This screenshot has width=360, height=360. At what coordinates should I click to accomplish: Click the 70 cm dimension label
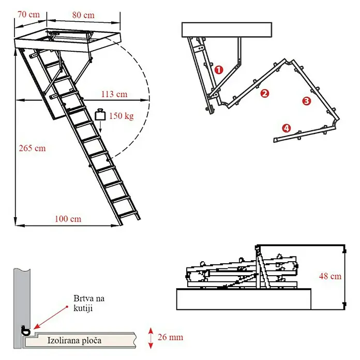click(28, 14)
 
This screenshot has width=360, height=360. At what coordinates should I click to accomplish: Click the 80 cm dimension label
click(83, 15)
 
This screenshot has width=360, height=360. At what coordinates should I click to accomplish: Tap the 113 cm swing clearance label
click(114, 94)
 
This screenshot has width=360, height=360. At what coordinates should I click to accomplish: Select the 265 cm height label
click(33, 148)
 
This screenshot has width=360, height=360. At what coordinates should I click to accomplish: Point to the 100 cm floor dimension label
click(68, 219)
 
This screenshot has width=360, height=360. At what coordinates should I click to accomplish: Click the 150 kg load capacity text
click(121, 116)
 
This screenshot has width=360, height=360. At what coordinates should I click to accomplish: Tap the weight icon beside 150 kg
click(100, 114)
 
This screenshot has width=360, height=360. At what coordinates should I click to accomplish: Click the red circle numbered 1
click(219, 69)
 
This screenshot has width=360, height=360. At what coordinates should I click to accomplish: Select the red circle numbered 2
click(265, 94)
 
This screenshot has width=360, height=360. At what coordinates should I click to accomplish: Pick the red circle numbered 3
click(307, 101)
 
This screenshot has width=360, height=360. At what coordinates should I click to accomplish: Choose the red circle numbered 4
click(287, 128)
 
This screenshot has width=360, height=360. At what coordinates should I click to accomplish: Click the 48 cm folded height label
click(330, 276)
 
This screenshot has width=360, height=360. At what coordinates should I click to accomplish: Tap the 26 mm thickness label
click(170, 337)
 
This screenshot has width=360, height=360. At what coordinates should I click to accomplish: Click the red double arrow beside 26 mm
click(151, 338)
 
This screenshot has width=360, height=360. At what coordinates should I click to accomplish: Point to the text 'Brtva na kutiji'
click(89, 303)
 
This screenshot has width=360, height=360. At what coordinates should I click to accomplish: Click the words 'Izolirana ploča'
click(74, 340)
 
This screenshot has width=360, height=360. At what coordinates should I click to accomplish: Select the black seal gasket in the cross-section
click(25, 331)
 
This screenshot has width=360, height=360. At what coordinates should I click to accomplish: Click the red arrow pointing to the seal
click(51, 318)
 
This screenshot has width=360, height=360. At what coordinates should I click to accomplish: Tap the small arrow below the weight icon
click(100, 127)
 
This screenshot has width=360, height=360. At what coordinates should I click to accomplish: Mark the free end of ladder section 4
click(275, 140)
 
